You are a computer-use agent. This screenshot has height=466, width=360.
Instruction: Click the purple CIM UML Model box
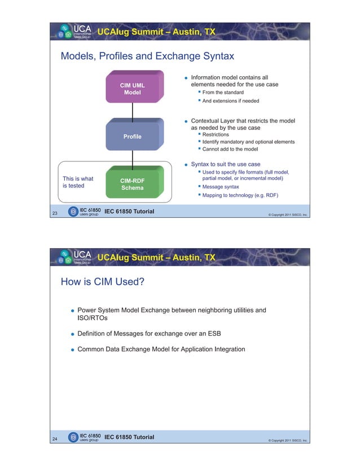[132, 89]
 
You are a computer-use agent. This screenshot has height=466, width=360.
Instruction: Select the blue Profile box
[132, 137]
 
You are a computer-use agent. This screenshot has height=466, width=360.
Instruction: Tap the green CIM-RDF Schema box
[132, 184]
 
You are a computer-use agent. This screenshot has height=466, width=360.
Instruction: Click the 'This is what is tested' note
[78, 182]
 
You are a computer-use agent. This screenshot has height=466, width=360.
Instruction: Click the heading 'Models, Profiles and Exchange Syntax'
[147, 56]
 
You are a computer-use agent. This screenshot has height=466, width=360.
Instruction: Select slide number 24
[55, 439]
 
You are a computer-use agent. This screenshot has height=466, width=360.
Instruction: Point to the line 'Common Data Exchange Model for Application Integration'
[161, 349]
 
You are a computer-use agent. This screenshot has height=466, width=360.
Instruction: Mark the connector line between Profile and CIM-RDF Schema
[132, 159]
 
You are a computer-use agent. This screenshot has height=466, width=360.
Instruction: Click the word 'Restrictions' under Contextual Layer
[216, 135]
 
